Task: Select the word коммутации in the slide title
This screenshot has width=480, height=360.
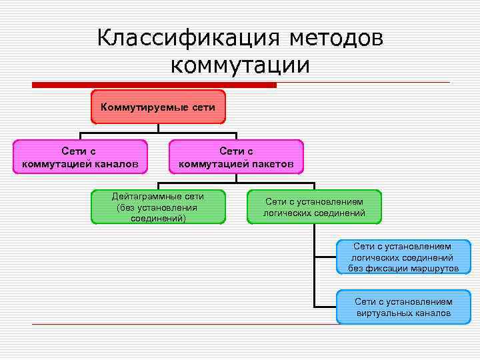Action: coord(241,65)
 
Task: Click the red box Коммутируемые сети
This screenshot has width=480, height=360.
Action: coord(158,107)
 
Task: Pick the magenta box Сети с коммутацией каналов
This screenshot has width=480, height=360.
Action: coord(81,157)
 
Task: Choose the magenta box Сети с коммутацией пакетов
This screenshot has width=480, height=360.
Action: coord(236,157)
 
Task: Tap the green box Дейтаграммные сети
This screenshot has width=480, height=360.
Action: coord(157,207)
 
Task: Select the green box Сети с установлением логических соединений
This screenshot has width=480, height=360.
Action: coord(314,207)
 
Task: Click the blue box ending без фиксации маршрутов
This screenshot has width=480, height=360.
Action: coord(403,257)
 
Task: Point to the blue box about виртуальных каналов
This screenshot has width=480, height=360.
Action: coord(403,307)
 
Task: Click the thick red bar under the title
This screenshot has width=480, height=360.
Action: coord(154,85)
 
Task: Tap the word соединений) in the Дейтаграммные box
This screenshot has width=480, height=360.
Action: coord(158,218)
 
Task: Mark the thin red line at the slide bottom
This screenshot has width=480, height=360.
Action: coord(180,325)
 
